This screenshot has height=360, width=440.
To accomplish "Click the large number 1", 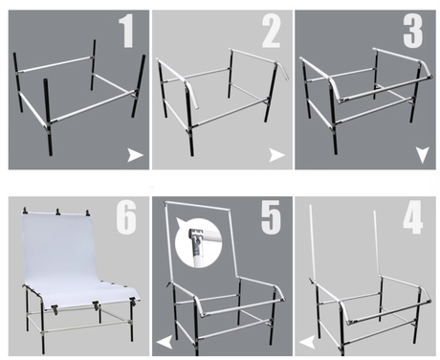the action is pyautogui.click(x=126, y=32).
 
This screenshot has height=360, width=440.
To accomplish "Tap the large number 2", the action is pyautogui.click(x=271, y=32).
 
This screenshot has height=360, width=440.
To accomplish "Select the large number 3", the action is pyautogui.click(x=413, y=32).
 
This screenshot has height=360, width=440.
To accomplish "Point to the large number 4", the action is pyautogui.click(x=413, y=217).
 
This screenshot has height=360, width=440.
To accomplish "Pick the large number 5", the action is pyautogui.click(x=271, y=217).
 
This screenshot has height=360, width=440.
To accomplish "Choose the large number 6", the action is pyautogui.click(x=126, y=217).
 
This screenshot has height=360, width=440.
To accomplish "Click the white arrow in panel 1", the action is pyautogui.click(x=135, y=155).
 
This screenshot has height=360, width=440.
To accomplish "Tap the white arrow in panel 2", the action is pyautogui.click(x=276, y=155).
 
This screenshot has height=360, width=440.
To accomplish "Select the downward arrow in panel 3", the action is pyautogui.click(x=423, y=155).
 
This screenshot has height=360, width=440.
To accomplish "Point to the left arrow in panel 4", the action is pyautogui.click(x=307, y=342).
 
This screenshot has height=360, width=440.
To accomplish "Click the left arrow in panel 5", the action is pyautogui.click(x=165, y=342).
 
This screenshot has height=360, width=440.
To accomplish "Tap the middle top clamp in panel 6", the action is pyautogui.click(x=57, y=212).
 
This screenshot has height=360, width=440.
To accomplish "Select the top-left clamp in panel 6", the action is pyautogui.click(x=25, y=211).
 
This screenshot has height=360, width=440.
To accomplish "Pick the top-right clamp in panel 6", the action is pyautogui.click(x=87, y=213).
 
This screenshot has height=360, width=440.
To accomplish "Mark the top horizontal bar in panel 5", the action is pyautogui.click(x=197, y=206).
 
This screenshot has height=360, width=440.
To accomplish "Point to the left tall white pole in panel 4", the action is pyautogui.click(x=314, y=242).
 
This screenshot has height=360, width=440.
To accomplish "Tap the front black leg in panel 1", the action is pyautogui.click(x=48, y=117).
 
